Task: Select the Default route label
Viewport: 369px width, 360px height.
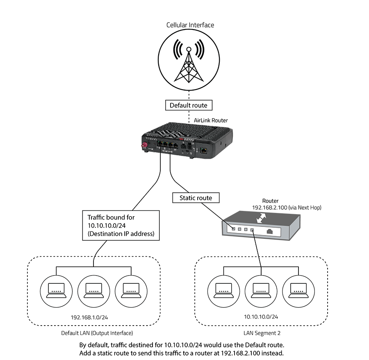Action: click(x=189, y=105)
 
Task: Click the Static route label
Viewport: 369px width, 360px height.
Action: click(x=196, y=198)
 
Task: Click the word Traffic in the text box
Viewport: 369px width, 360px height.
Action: click(x=97, y=217)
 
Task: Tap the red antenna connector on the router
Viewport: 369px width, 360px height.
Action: click(x=144, y=147)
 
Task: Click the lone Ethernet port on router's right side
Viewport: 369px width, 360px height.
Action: click(x=204, y=150)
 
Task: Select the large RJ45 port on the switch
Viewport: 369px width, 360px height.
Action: click(x=271, y=232)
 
